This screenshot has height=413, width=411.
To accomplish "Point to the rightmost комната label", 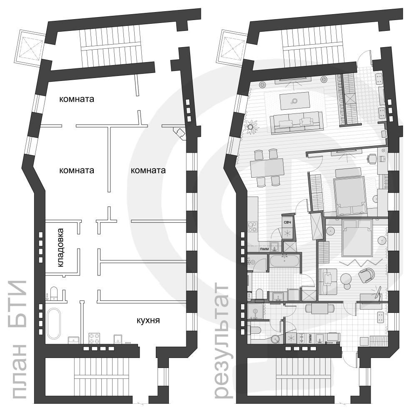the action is (x=148, y=170).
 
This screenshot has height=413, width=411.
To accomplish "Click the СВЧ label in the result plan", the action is (x=287, y=222).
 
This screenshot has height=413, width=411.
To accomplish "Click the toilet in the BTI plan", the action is (x=54, y=293).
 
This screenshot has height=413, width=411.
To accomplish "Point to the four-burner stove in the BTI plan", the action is (x=93, y=337).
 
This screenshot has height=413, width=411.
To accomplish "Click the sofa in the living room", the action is (x=296, y=122).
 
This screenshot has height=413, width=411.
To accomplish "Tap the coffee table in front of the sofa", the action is (x=295, y=100).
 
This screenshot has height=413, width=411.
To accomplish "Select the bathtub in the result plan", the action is (x=284, y=262).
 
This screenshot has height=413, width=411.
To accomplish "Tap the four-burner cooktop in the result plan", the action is (x=253, y=226).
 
